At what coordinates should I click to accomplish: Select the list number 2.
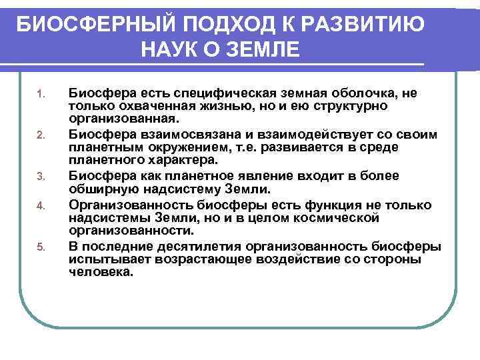tap(40, 135)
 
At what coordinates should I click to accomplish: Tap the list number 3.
tap(40, 177)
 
